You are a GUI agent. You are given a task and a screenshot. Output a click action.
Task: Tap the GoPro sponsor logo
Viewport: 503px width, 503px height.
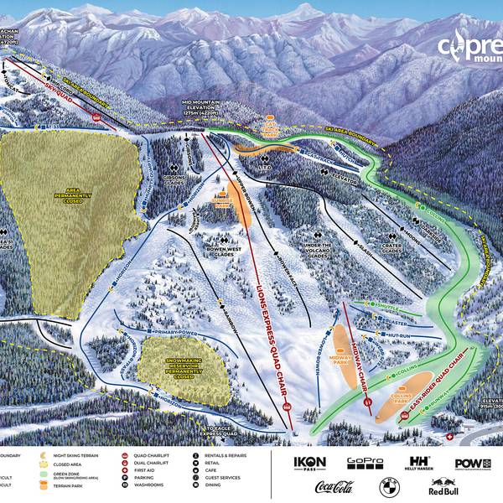tap(364, 462)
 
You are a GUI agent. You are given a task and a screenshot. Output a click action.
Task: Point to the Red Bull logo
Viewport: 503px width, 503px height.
tap(443, 488)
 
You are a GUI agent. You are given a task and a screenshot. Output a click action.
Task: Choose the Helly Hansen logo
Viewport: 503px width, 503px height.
tap(417, 463)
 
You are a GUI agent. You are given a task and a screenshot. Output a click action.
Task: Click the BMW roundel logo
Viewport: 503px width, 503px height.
tap(388, 486)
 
